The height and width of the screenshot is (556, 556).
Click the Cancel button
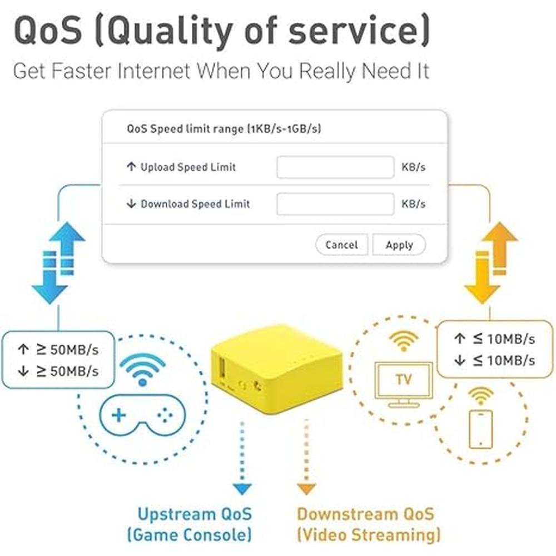[x=342, y=245]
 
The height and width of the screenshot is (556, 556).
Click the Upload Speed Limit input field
[x=335, y=167]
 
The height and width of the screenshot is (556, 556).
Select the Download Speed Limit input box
[x=335, y=204]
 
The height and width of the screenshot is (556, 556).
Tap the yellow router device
[x=277, y=369]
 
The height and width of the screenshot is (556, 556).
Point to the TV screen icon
[x=404, y=384]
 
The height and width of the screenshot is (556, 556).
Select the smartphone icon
[x=481, y=429]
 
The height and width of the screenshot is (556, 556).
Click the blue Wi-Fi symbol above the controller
[x=142, y=369]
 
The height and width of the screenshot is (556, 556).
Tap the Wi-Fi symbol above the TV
[x=404, y=340]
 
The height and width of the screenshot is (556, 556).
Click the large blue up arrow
[x=67, y=248]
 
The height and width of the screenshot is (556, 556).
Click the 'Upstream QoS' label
[x=195, y=514]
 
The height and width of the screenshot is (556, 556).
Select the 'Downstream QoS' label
[x=365, y=514]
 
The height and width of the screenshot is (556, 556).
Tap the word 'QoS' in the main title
[x=48, y=31]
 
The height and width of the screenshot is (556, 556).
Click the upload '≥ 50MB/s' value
[x=67, y=350]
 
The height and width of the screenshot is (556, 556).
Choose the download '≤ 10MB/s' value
[x=504, y=360]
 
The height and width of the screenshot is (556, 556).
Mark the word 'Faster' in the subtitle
[x=82, y=71]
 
